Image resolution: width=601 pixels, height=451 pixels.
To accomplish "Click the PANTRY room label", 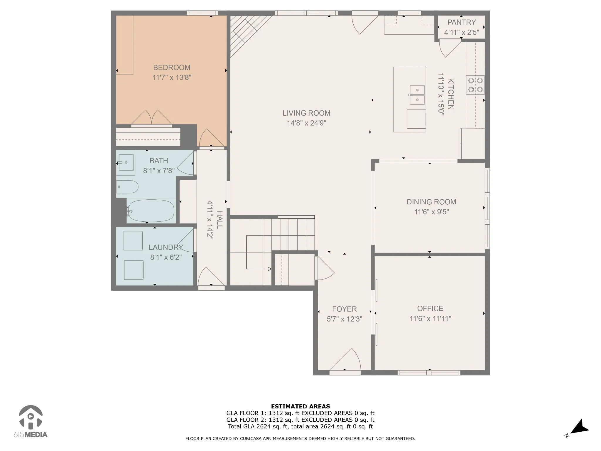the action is (x=462, y=22).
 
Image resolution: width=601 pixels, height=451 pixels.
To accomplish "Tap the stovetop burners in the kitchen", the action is (x=475, y=85).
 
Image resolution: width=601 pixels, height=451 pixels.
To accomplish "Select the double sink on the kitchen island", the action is (x=417, y=95).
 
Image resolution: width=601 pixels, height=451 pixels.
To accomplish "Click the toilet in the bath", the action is (x=127, y=187).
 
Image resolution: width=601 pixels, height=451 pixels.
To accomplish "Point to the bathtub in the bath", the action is (x=151, y=211).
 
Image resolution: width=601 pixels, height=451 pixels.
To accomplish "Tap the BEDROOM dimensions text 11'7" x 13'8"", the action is (x=172, y=78).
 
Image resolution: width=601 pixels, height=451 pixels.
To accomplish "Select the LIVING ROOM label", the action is (x=306, y=113).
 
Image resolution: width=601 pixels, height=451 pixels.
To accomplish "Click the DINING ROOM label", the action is (x=431, y=202).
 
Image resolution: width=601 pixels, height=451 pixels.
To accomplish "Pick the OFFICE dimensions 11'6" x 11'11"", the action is (x=430, y=319).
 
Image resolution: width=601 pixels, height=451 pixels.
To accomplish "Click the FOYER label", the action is (x=345, y=309).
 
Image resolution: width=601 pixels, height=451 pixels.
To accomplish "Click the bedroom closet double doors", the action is (x=151, y=117).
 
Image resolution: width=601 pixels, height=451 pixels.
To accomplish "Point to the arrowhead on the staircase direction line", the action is (x=270, y=269).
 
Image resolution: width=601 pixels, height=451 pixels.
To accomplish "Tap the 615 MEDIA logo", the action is (x=31, y=421).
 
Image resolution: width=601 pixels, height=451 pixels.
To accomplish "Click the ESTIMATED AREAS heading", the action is (x=300, y=406).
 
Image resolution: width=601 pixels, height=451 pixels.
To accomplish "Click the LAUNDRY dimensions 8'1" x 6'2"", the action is (x=166, y=258).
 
